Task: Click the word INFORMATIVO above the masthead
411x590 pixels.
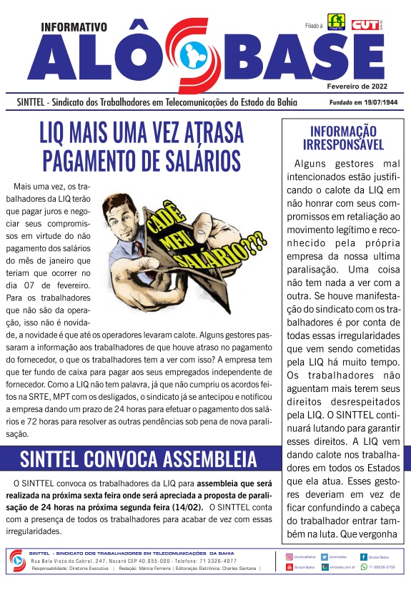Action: coord(74,27)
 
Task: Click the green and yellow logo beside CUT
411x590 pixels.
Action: coord(336,23)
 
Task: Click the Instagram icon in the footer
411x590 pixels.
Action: coord(289,556)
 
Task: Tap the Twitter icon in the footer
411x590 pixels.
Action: coord(325,556)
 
